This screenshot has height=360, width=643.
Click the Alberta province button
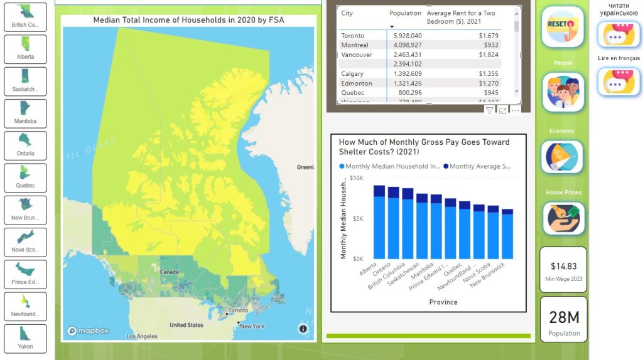click(25, 49)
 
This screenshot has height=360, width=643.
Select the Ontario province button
click(25, 146)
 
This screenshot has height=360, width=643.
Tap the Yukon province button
click(25, 339)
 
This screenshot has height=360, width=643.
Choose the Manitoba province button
click(25, 114)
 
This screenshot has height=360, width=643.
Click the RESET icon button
click(563, 27)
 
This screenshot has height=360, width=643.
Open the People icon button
click(563, 92)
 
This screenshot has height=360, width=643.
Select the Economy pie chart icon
click(562, 156)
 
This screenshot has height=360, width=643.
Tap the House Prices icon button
click(563, 218)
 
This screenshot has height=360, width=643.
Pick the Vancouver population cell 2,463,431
click(406, 55)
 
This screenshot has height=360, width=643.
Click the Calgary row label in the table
click(352, 74)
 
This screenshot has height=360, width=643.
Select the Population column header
click(405, 13)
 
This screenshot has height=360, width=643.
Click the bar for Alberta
click(379, 223)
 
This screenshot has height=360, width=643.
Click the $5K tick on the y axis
click(356, 219)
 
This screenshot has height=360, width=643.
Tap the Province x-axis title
click(443, 302)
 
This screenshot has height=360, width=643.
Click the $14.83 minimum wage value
click(563, 267)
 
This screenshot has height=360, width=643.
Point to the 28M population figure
click(564, 317)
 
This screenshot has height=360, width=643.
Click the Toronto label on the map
click(238, 310)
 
